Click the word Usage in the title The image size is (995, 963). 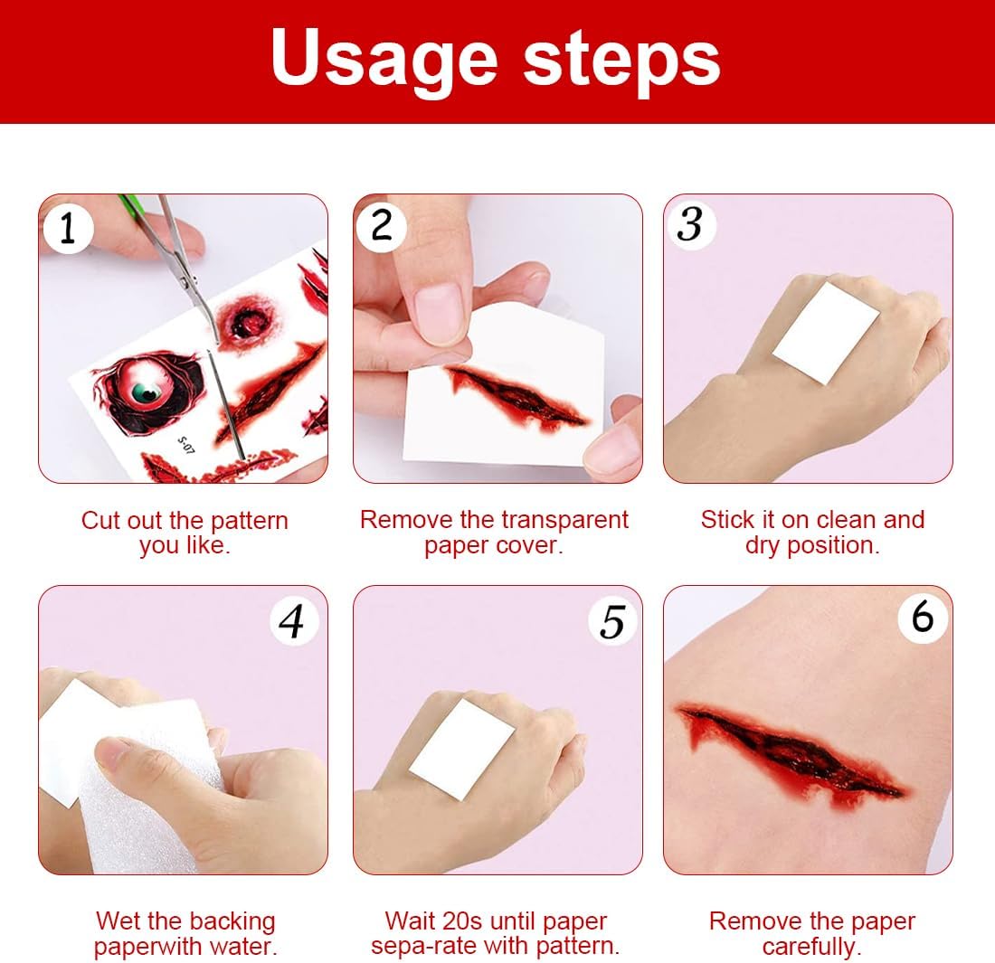click(384, 59)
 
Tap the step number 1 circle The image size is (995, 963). click(68, 229)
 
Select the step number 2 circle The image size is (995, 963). click(382, 226)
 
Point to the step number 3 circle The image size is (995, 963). click(691, 224)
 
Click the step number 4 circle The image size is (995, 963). click(293, 621)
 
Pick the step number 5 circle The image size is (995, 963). click(612, 621)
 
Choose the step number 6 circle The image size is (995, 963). click(923, 618)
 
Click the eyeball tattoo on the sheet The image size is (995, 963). click(148, 392)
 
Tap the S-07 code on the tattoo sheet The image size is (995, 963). click(186, 444)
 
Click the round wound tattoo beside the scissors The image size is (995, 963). click(246, 322)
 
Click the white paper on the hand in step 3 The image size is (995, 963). click(826, 333)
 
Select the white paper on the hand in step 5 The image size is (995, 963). click(461, 750)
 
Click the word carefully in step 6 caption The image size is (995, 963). click(812, 947)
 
